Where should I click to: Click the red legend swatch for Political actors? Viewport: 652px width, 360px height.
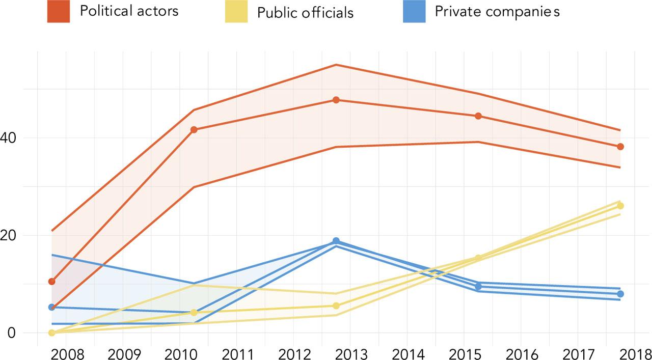58,12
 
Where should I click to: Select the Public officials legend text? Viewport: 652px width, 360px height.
305,13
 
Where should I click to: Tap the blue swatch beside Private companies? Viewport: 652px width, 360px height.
414,12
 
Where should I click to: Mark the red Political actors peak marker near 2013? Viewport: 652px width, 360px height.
336,100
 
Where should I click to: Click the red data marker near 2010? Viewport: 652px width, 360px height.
194,130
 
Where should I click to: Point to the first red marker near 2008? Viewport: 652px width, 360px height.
51,282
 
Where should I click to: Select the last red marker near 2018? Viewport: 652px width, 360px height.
620,147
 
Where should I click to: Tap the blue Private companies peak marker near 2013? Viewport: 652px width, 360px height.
336,241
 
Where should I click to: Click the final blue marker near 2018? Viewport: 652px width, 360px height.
620,294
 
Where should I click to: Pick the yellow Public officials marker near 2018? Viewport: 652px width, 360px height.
620,206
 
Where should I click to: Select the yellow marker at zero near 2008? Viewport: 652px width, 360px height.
51,333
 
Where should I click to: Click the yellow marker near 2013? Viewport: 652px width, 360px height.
336,306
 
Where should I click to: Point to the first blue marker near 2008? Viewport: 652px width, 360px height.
51,307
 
